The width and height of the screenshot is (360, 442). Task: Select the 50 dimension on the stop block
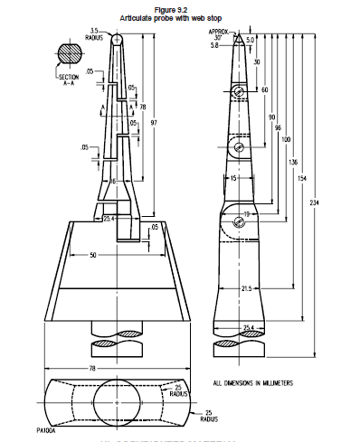click(96, 256)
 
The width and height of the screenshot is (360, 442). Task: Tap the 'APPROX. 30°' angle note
click(221, 34)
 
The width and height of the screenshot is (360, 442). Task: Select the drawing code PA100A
click(46, 432)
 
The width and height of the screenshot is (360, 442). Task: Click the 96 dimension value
click(277, 128)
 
